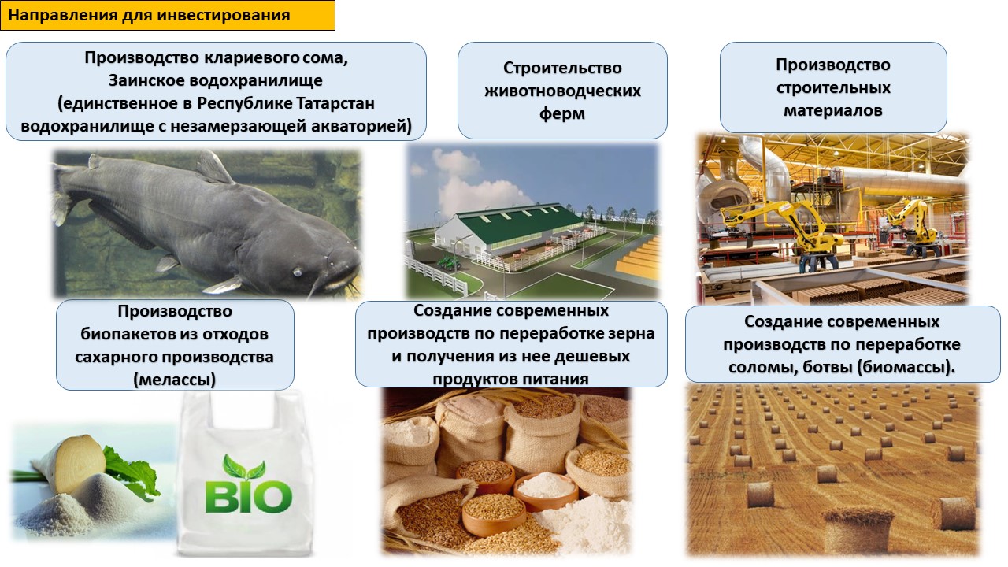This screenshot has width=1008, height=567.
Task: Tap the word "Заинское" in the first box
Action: [146, 80]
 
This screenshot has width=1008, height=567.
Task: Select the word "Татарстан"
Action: [335, 103]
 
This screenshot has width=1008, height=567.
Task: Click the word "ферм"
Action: [562, 114]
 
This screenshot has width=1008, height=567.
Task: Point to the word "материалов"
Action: [833, 111]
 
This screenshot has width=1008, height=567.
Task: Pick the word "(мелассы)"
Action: [175, 380]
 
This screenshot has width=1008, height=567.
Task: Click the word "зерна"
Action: [631, 334]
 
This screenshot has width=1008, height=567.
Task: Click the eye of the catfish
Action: [297, 272]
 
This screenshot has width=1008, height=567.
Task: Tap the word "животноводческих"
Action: [562, 91]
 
